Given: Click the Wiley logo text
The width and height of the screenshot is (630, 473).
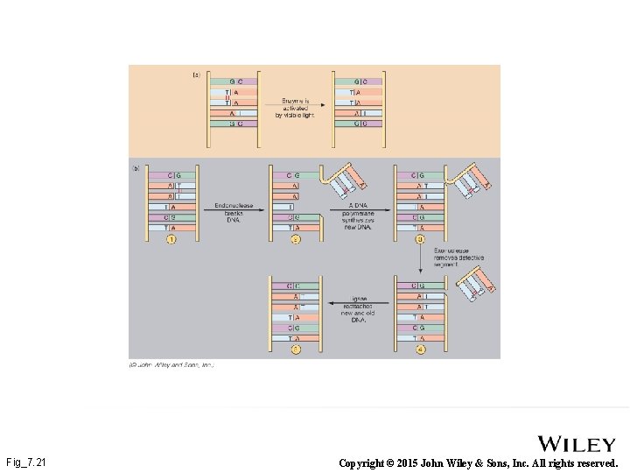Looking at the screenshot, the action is (x=577, y=444).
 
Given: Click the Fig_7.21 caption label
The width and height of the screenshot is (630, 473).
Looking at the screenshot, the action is (x=26, y=462).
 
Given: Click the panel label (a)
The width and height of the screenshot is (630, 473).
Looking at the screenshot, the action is (x=196, y=75).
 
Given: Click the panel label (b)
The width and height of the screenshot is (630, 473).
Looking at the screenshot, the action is (x=136, y=167).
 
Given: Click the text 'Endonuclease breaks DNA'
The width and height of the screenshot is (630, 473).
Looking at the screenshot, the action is (x=234, y=211).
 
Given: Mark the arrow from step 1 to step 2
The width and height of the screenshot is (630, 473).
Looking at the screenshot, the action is (x=234, y=206).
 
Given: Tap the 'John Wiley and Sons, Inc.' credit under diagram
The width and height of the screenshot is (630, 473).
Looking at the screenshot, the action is (x=172, y=364).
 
